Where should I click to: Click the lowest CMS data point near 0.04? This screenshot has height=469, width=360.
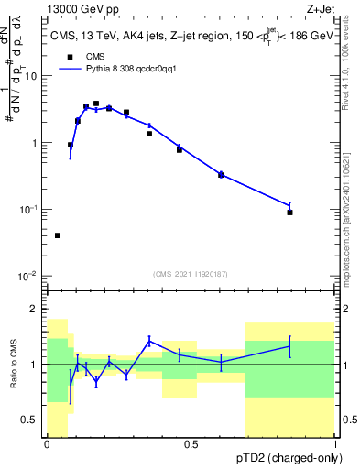(x=58, y=235)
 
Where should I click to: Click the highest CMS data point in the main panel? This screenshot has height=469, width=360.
(x=96, y=104)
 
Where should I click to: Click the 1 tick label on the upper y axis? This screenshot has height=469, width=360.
(x=38, y=143)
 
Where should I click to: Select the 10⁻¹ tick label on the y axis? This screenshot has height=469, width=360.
(x=32, y=210)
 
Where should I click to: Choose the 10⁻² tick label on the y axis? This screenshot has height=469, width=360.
(x=32, y=276)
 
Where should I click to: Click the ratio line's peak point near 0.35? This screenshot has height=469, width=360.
(x=149, y=341)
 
